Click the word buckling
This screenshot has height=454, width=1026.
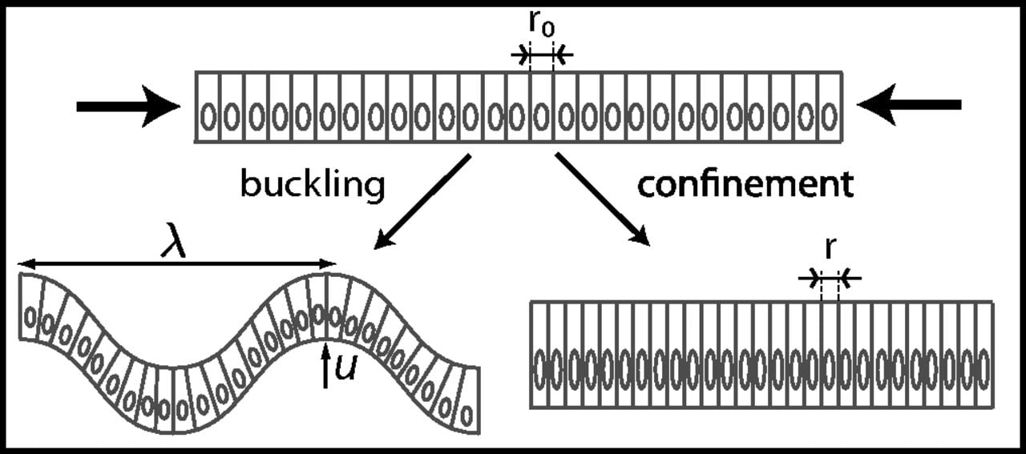[x=313, y=186]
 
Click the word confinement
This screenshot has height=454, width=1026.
[x=745, y=185]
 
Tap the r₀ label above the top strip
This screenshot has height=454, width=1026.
[x=542, y=26]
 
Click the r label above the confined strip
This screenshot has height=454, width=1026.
[x=830, y=249]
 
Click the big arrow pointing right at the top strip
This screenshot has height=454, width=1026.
[x=128, y=106]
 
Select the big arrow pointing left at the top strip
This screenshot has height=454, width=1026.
[x=909, y=105]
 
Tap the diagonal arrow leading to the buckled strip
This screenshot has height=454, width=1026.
[x=423, y=200]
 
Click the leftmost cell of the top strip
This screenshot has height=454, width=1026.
[x=208, y=107]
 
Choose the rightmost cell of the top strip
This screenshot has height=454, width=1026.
[x=831, y=107]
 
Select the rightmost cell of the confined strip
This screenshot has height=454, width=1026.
[x=984, y=355]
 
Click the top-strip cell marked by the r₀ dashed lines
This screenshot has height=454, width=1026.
[x=542, y=107]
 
